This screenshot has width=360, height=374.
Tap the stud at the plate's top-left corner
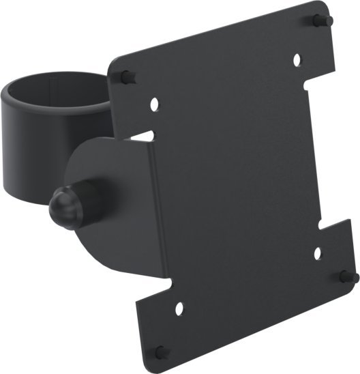coord(125,74)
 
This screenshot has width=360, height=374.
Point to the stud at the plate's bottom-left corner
coord(160,352)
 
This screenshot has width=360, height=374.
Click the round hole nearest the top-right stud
coord(298,60)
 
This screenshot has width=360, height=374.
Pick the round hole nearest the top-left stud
coord(155,104)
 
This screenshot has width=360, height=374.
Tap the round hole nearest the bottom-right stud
coord(318,253)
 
